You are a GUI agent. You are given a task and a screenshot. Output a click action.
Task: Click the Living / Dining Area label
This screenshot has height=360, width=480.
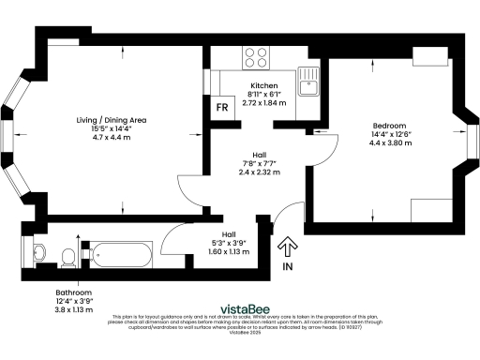[x=112, y=120]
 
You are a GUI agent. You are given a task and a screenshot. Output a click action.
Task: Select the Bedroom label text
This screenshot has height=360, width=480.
[x=388, y=126]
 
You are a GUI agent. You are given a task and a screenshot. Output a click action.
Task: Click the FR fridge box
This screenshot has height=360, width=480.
[x=222, y=107]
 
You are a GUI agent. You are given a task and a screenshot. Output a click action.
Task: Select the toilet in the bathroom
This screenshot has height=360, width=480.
[x=67, y=255]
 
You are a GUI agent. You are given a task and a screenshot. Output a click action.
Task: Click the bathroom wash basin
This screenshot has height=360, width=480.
[x=37, y=250]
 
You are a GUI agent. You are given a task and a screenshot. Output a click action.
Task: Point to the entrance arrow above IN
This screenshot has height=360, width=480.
[x=287, y=247]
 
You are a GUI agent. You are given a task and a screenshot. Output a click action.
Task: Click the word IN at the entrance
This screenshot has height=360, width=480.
[x=287, y=267]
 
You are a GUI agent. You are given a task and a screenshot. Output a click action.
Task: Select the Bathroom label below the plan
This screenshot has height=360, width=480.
[x=72, y=292]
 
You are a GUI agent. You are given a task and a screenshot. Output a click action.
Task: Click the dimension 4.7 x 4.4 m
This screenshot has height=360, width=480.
[x=112, y=138]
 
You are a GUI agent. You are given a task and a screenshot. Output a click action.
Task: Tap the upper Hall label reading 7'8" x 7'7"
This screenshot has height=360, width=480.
[x=258, y=164]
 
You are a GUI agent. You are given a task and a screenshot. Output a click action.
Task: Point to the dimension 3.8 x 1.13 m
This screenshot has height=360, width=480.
[x=72, y=309]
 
